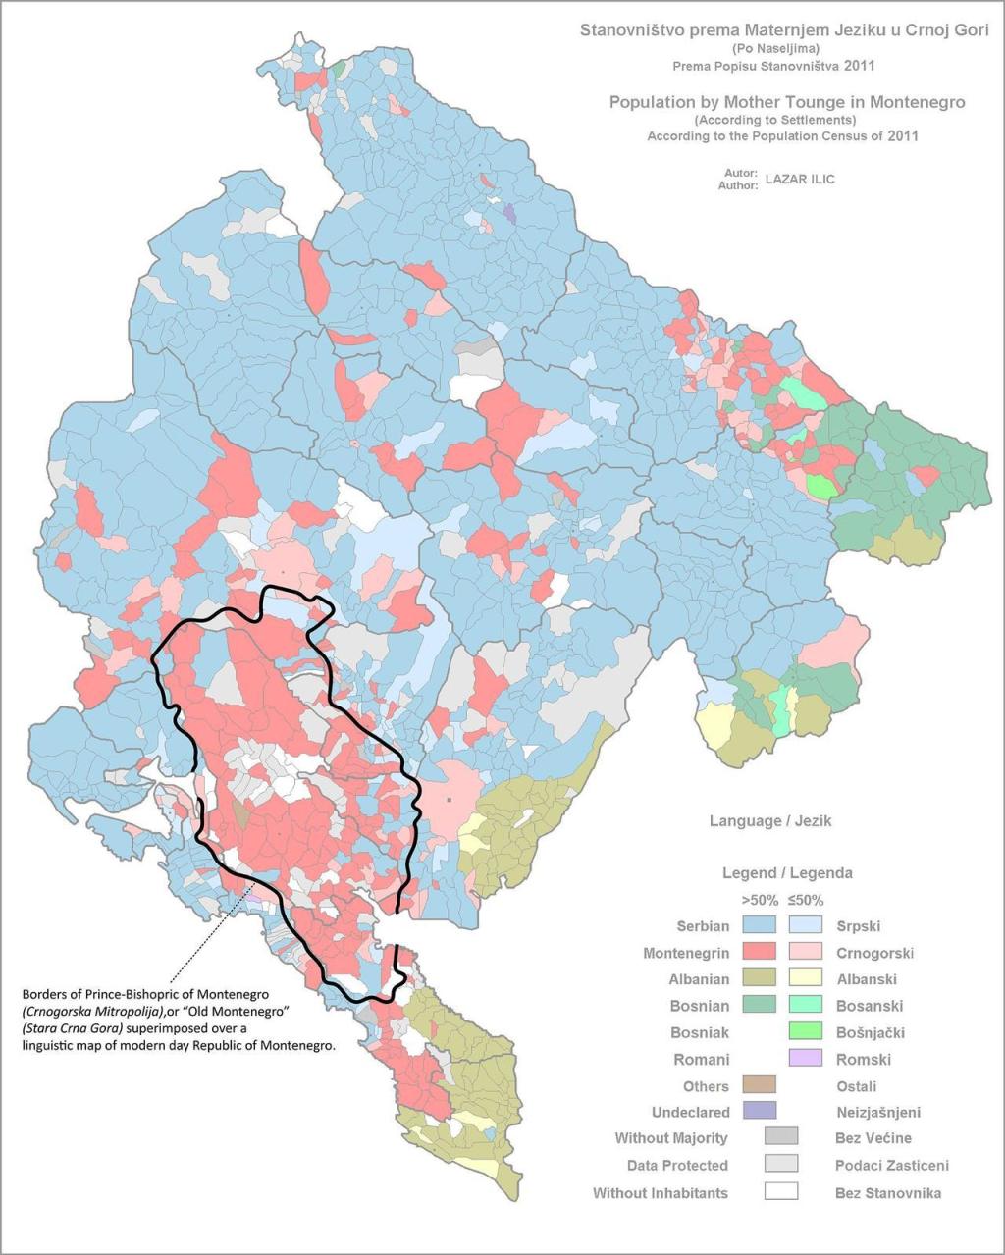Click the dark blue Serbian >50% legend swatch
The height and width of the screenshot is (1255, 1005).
point(759,925)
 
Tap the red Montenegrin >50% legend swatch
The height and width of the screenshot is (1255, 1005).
point(759,952)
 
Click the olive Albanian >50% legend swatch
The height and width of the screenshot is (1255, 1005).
point(759,978)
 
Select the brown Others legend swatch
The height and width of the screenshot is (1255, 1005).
point(759,1084)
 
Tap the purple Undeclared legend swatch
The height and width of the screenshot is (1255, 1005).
point(759,1111)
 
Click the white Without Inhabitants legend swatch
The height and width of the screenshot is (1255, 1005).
point(781,1191)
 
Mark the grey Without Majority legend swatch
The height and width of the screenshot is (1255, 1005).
point(781,1136)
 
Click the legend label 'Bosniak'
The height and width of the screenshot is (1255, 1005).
point(700,1032)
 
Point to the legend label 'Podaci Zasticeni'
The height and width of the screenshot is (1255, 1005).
point(891,1166)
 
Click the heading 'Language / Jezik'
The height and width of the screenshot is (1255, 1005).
point(770,821)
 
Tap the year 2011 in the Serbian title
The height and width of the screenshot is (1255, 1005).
point(859,66)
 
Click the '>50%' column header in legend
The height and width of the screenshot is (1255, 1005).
point(759,900)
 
